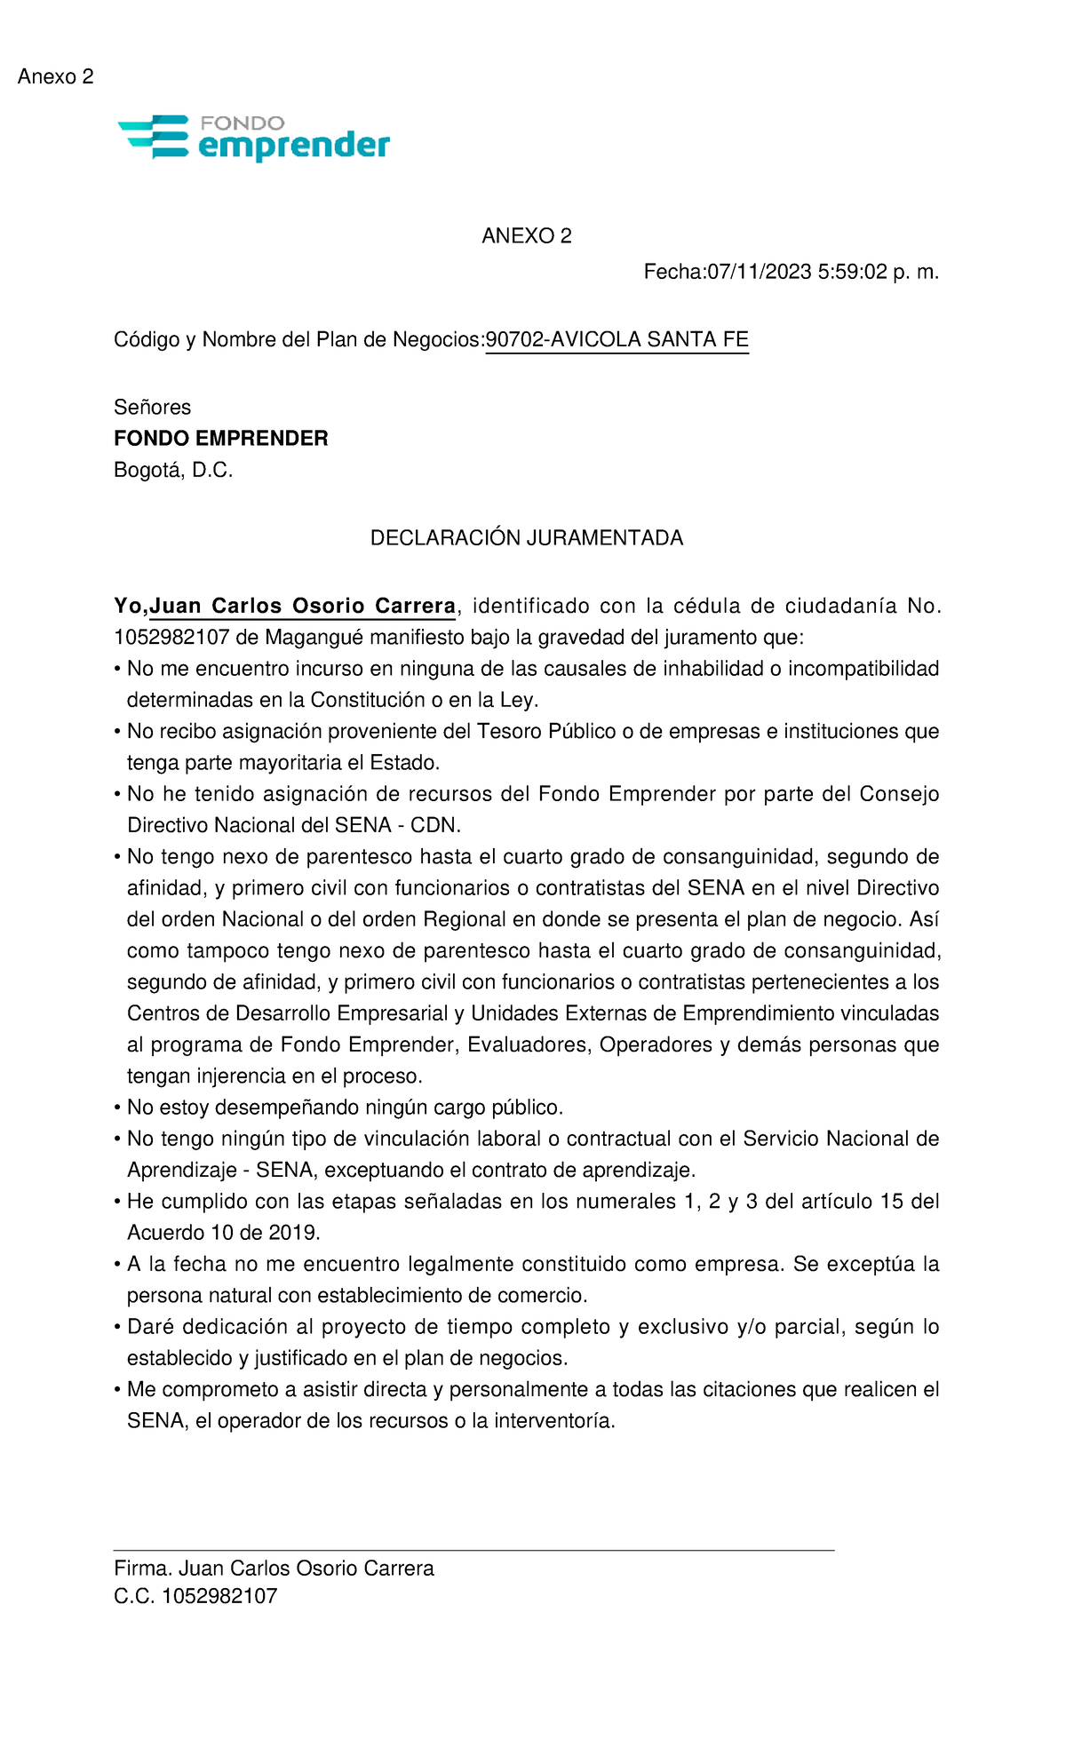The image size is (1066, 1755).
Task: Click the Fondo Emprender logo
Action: tap(254, 138)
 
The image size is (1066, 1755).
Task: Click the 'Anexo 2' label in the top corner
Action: tap(55, 77)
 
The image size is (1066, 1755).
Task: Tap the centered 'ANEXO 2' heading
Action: tap(526, 236)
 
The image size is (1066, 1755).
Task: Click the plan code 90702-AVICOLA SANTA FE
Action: tap(617, 340)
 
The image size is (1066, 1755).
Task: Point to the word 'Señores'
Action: tap(152, 408)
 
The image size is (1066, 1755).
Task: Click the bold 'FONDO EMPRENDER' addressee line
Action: tap(220, 439)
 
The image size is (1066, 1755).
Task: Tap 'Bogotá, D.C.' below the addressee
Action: tap(173, 471)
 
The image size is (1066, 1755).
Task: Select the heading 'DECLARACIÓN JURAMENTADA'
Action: tap(526, 538)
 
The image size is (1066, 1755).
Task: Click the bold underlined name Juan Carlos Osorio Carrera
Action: tap(302, 607)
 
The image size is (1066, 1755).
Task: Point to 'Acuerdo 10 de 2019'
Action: tap(223, 1233)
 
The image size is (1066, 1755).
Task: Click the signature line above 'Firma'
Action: tap(473, 1550)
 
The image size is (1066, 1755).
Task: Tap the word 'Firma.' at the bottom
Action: tap(143, 1568)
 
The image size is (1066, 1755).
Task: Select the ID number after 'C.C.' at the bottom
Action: tap(219, 1596)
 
